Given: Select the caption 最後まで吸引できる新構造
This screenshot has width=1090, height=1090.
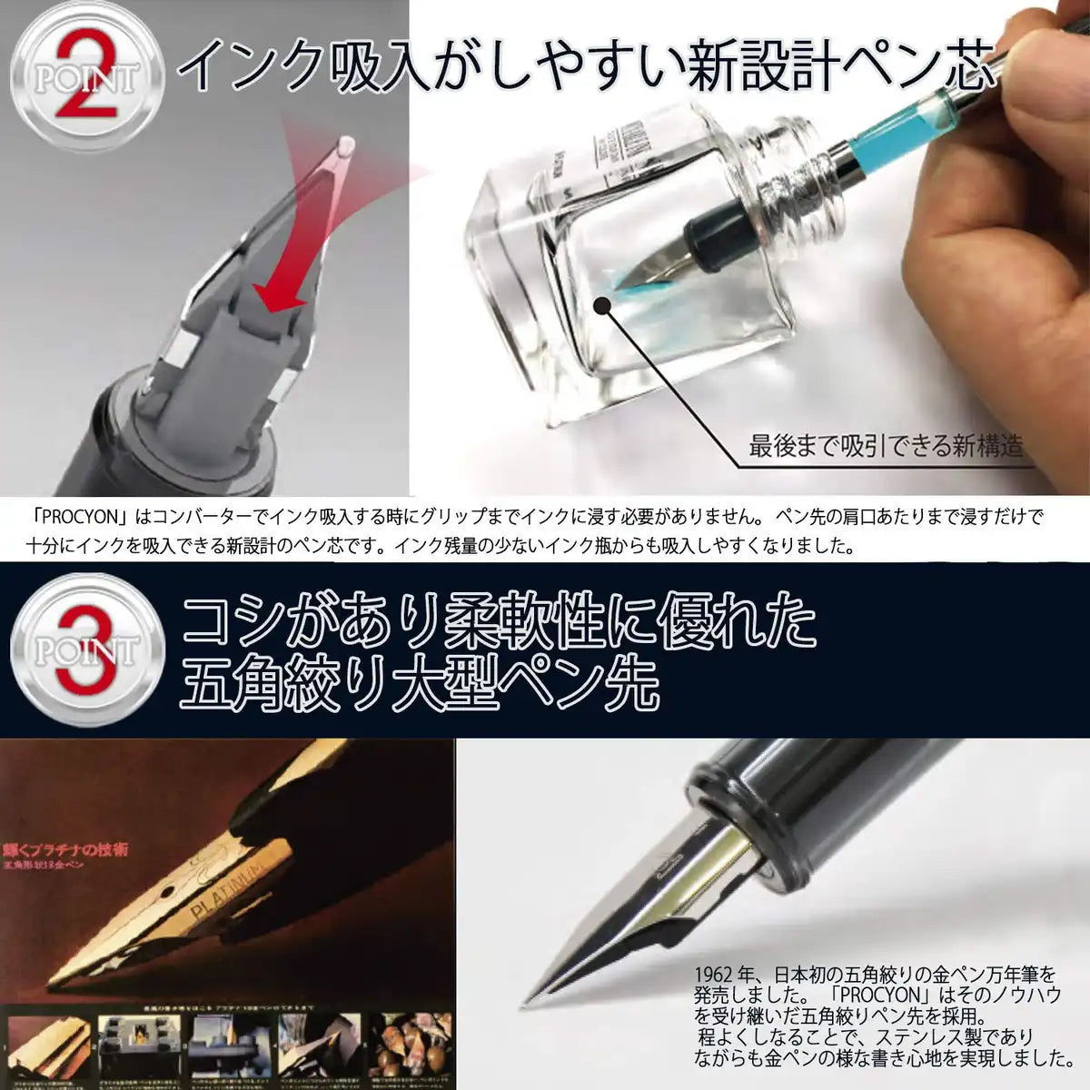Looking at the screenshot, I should tap(885, 446).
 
